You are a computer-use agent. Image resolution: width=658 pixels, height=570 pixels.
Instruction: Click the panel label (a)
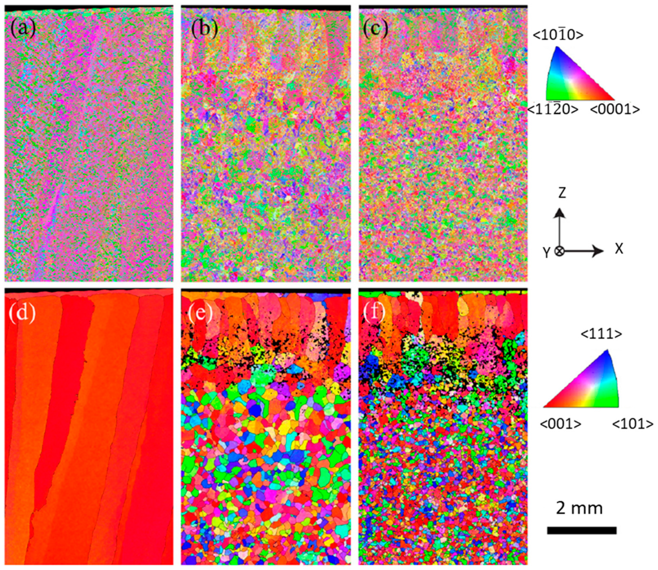(23, 28)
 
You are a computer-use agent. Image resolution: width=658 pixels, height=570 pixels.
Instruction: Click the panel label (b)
(205, 28)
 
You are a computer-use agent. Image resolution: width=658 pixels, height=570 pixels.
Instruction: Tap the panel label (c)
(375, 28)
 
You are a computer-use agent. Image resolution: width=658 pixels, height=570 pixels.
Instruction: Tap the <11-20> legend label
(553, 109)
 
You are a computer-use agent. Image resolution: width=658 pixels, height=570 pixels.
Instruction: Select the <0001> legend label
(615, 109)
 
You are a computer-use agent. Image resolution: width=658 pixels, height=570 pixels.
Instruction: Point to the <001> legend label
(560, 424)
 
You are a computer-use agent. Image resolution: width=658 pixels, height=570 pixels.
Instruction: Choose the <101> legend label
(632, 424)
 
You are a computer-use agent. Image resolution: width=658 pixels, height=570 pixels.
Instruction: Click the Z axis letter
(562, 193)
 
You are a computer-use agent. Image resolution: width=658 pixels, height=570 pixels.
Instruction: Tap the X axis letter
(619, 249)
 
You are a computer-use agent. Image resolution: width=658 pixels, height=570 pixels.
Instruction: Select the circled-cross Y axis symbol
(560, 251)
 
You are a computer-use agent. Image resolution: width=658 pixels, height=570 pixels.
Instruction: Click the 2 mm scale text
(579, 508)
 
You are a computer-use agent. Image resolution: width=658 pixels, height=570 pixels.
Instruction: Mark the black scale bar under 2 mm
(581, 530)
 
